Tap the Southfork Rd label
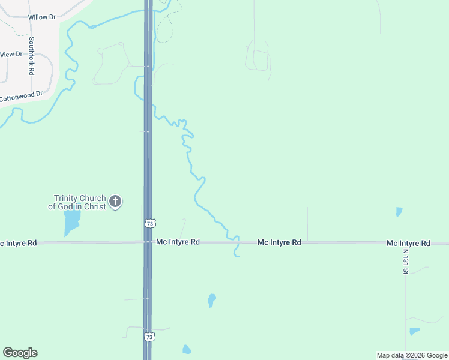31,56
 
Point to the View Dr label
11,55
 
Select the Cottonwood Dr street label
22,95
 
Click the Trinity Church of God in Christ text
80,202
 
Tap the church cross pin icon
115,202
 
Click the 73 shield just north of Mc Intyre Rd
150,223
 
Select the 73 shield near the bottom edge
149,337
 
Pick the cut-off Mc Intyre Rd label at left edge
18,243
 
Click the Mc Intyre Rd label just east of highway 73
178,242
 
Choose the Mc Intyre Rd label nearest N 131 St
408,243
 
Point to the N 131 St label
406,262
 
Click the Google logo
20,353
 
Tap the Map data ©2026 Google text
412,355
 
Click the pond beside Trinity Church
71,222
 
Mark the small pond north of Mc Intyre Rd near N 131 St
399,211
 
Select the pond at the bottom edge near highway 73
187,349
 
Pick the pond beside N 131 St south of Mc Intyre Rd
414,331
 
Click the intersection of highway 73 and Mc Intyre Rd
148,242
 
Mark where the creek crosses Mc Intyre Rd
237,242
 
